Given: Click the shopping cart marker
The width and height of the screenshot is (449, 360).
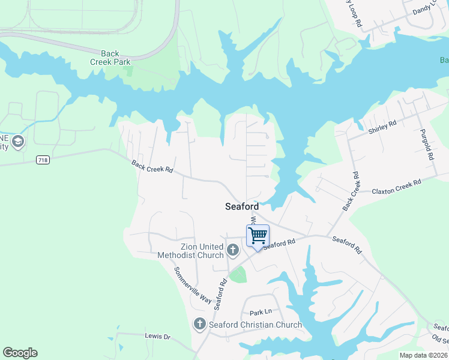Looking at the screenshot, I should click(x=258, y=236).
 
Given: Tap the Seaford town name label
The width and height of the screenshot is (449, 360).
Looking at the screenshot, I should click(x=242, y=206).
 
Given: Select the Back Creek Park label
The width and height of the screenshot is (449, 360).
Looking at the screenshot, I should click(x=110, y=58).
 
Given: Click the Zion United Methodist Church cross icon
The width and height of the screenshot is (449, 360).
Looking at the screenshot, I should click(x=233, y=248).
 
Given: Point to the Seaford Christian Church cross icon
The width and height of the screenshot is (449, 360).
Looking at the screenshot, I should click(x=200, y=325).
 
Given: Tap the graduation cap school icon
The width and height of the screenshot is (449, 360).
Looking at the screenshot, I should click(x=18, y=142).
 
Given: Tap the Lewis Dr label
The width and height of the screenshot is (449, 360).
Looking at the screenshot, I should click(x=158, y=337).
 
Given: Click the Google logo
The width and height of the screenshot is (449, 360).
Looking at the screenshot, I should click(x=20, y=353).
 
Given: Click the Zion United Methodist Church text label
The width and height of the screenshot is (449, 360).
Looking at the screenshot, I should click(x=190, y=251).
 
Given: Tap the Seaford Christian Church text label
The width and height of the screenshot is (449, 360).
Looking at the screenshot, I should click(x=255, y=325).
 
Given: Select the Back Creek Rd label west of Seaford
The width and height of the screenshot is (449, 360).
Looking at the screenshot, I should click(x=152, y=166).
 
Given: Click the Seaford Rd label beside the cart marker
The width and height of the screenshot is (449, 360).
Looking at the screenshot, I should click(x=280, y=244).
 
